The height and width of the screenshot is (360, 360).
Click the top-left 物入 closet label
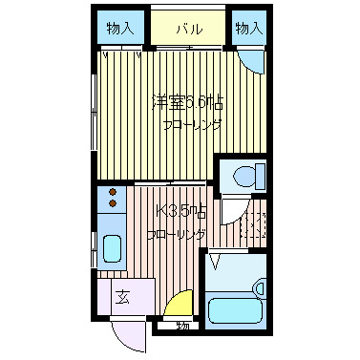pyautogui.click(x=120, y=28)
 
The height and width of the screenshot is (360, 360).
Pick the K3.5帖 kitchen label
pyautogui.click(x=180, y=210)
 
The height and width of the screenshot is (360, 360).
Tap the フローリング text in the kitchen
pyautogui.click(x=175, y=233)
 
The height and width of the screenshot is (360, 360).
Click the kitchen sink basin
pyautogui.click(x=113, y=248)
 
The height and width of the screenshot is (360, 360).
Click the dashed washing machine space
pyautogui.click(x=250, y=228)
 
